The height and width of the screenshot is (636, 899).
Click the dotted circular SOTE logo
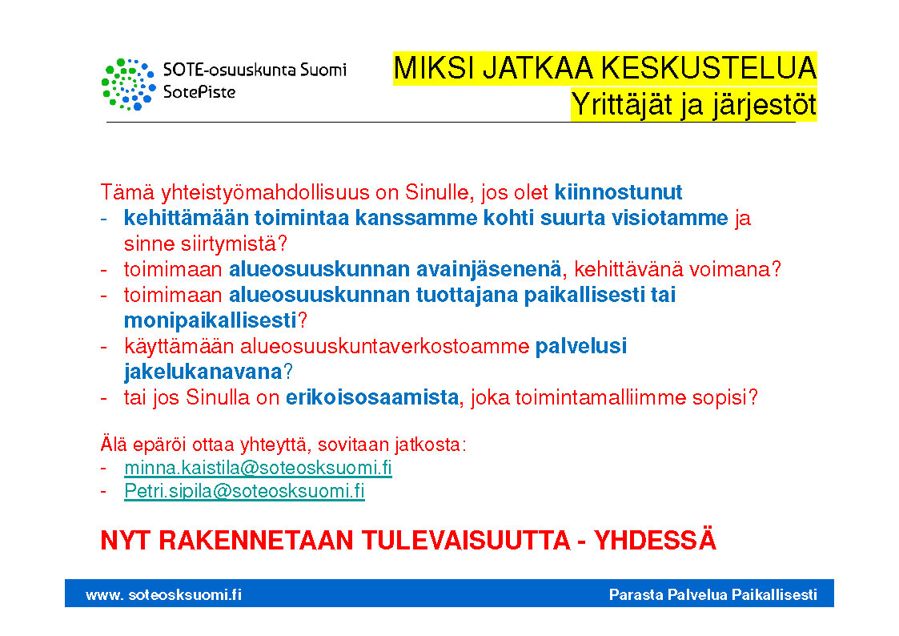(128, 84)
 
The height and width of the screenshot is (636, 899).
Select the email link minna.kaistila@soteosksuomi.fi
(258, 468)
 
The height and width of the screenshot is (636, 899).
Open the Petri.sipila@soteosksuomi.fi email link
(244, 491)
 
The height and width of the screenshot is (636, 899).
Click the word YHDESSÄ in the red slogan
(655, 540)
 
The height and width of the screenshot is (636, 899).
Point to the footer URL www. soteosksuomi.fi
(163, 594)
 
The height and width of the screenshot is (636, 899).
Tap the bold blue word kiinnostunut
(618, 192)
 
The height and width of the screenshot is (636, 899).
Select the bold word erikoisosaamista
(372, 397)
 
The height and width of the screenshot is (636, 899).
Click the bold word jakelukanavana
(203, 372)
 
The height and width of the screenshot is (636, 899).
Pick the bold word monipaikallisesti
(211, 320)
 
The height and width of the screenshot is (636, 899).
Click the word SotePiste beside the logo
(199, 92)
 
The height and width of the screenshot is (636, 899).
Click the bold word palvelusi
(581, 346)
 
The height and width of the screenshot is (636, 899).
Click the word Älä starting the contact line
(113, 444)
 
